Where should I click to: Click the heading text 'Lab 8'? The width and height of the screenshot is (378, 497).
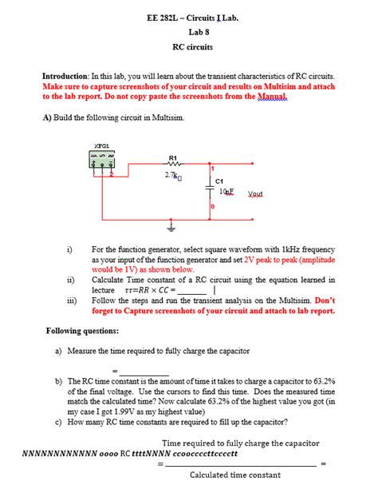[198, 32]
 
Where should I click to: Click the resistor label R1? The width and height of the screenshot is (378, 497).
[173, 157]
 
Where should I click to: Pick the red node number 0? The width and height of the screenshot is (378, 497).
[213, 207]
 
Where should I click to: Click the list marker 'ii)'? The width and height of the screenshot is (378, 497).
[70, 280]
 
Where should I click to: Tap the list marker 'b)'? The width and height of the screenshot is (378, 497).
[60, 382]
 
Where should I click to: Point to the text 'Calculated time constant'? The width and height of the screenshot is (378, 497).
[235, 475]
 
